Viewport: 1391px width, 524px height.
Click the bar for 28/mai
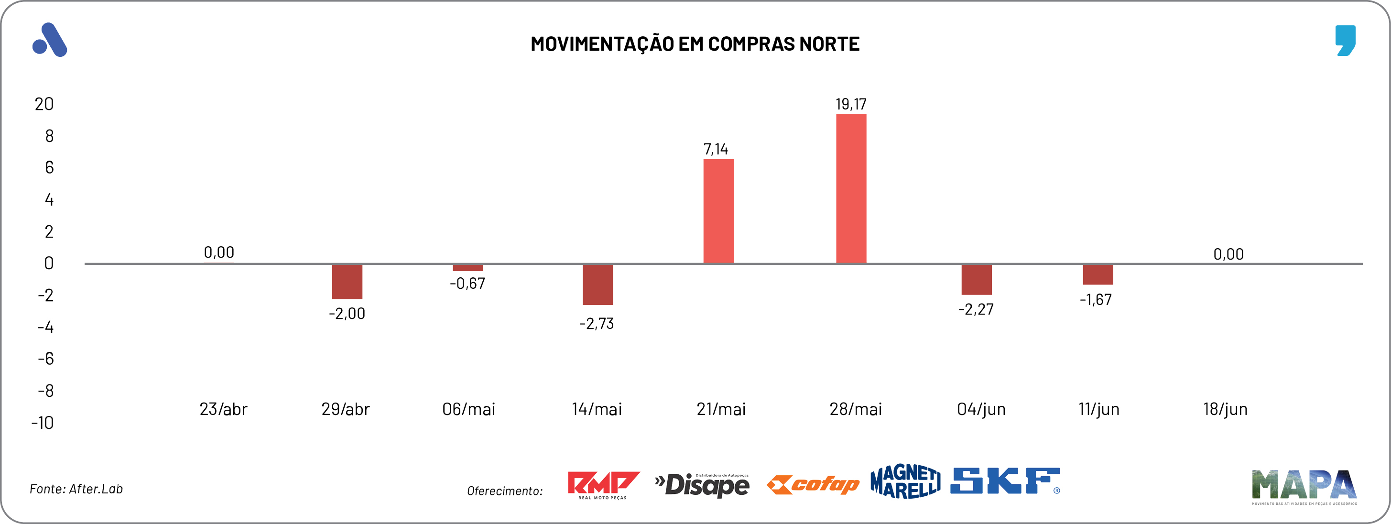click(851, 188)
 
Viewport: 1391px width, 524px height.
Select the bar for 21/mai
click(718, 211)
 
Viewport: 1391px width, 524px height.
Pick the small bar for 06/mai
click(467, 268)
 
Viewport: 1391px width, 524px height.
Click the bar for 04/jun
click(976, 280)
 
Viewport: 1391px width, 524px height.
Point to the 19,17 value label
click(850, 104)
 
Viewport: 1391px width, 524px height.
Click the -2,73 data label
click(596, 324)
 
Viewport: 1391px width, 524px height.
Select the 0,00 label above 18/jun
click(1228, 254)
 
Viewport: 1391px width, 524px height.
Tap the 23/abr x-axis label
click(223, 409)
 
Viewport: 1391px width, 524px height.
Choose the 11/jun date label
click(1098, 409)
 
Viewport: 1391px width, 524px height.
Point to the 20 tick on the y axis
click(44, 104)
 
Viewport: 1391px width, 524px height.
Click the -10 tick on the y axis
click(43, 423)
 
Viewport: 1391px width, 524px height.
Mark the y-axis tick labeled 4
click(49, 200)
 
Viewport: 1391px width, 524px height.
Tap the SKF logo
click(1005, 481)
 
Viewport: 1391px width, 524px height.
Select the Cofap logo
click(813, 485)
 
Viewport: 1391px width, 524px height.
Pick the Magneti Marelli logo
click(905, 481)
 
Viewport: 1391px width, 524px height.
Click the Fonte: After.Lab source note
click(76, 489)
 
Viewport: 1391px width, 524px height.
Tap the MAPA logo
click(1304, 486)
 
